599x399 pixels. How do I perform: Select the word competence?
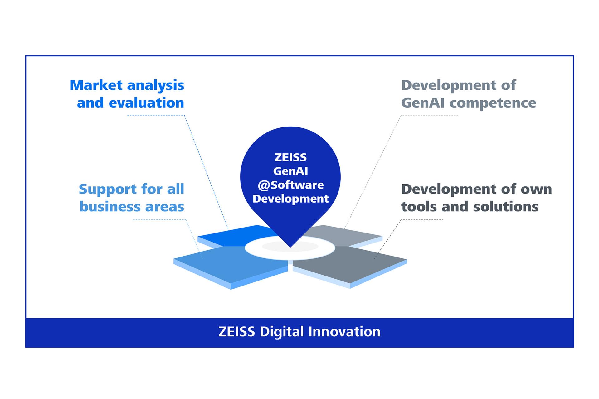point(493,103)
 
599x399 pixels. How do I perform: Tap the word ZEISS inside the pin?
point(290,157)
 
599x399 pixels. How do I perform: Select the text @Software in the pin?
point(290,185)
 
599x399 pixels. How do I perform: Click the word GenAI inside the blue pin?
point(290,171)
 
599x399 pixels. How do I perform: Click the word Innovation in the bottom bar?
point(344,331)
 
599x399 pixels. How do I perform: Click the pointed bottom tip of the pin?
point(290,248)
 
